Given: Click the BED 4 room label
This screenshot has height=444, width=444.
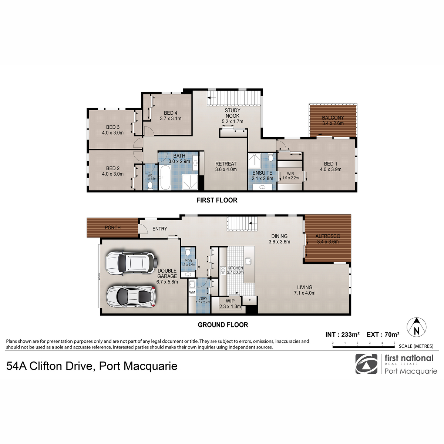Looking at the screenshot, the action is (x=171, y=113).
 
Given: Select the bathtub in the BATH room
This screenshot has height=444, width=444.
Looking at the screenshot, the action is (x=165, y=178).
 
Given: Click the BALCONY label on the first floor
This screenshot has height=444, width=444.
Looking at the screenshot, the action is (x=333, y=118).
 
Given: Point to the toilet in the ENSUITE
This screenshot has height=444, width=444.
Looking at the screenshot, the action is (x=270, y=158).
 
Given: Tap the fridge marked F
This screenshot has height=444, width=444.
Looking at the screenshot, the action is (x=249, y=300).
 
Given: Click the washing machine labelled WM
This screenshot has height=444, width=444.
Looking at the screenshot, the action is (x=192, y=292).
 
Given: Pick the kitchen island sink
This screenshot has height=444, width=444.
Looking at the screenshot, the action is (x=248, y=261).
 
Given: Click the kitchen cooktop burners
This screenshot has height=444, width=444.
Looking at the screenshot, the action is (x=223, y=270).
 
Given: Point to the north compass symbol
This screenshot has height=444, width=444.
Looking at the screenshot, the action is (x=416, y=327).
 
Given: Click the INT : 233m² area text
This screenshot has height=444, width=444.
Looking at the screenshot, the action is (x=343, y=334).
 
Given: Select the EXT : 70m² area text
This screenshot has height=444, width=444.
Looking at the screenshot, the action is (x=383, y=334).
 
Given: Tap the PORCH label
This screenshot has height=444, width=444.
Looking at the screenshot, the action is (x=113, y=228).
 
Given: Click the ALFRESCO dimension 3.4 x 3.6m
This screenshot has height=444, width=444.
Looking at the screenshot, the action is (x=328, y=242).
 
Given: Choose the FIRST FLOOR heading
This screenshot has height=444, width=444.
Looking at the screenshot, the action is (x=217, y=200).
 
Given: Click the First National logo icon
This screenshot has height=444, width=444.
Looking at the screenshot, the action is (x=366, y=364).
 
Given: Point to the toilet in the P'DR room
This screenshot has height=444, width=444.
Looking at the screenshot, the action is (x=188, y=252).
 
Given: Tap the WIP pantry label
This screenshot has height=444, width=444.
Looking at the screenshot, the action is (x=230, y=301).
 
